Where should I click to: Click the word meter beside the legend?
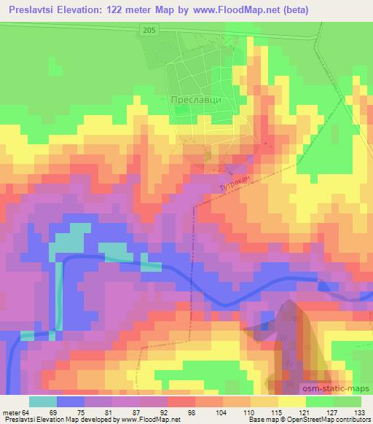coord(14,412)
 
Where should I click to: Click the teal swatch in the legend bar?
coord(43,401)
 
